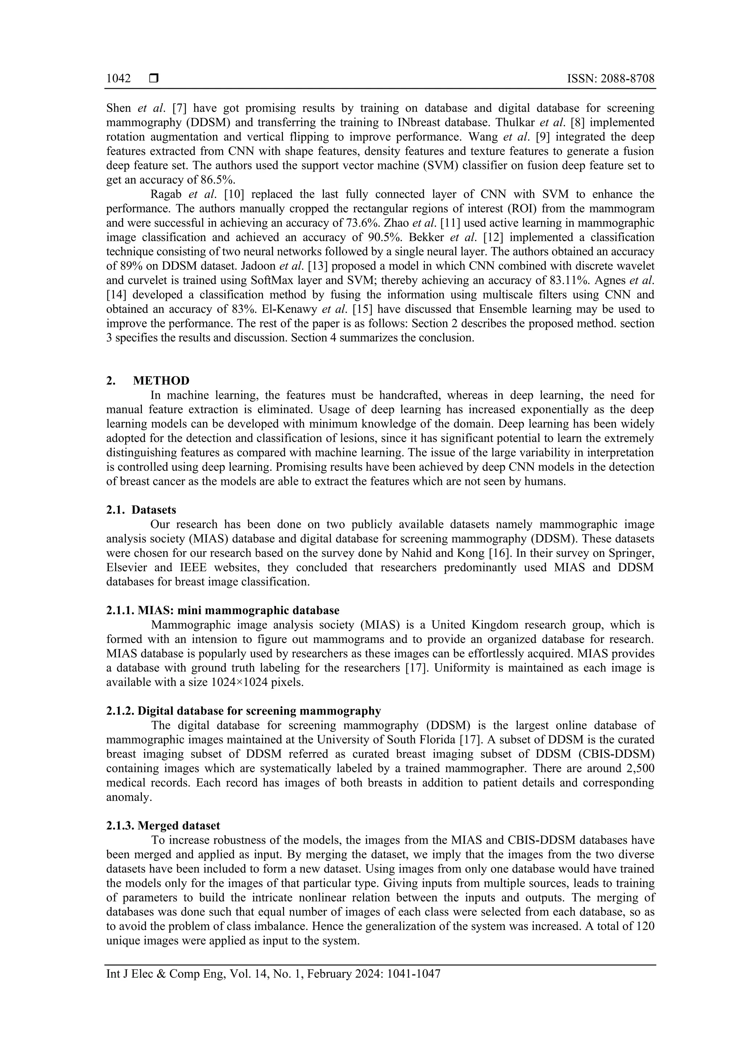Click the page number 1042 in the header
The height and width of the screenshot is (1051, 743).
119,79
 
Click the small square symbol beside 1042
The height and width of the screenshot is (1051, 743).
154,79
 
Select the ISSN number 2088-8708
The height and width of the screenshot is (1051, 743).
628,79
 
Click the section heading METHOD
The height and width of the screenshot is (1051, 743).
161,381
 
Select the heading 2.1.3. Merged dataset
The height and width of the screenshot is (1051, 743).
163,826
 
